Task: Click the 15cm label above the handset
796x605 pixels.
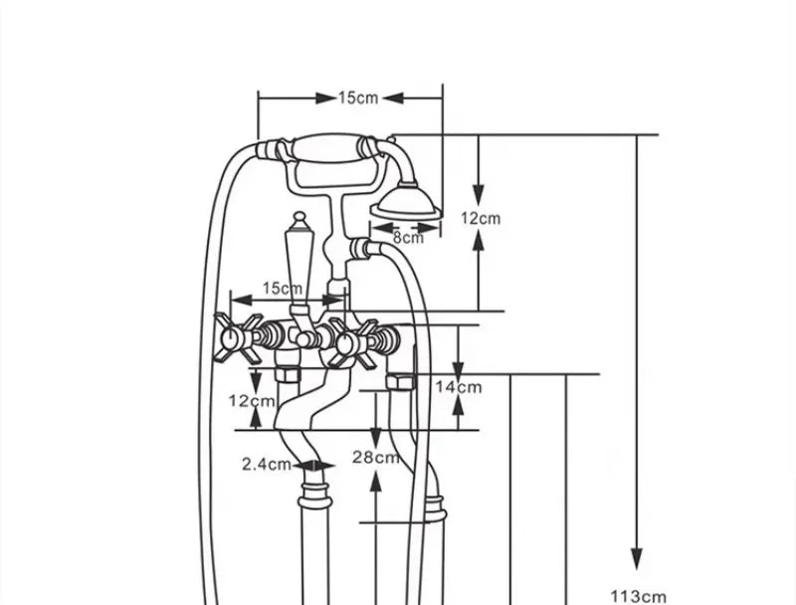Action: click(358, 98)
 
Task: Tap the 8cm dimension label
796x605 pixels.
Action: click(408, 238)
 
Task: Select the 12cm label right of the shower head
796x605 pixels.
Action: click(481, 218)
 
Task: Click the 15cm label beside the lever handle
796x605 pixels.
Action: click(283, 289)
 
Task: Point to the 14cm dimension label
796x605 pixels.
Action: click(459, 387)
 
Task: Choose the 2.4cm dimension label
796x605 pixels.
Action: click(266, 464)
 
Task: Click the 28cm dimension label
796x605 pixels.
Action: click(376, 458)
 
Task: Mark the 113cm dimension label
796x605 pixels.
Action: click(638, 596)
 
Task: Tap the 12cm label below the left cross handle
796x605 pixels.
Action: click(252, 401)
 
